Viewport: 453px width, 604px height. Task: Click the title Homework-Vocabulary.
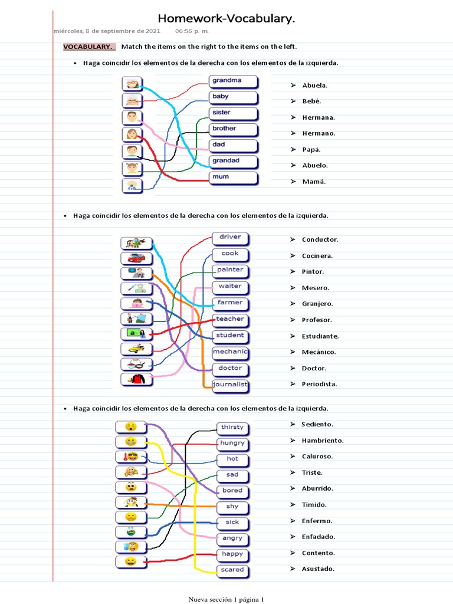pyautogui.click(x=226, y=19)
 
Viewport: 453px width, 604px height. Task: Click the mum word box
pyautogui.click(x=233, y=177)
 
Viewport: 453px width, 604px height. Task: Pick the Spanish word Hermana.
pyautogui.click(x=319, y=117)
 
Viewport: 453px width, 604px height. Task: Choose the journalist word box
pyautogui.click(x=231, y=385)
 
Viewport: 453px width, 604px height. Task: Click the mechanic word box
pyautogui.click(x=231, y=352)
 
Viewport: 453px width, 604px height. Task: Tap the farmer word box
pyautogui.click(x=231, y=303)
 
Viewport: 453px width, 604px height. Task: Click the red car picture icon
pyautogui.click(x=136, y=258)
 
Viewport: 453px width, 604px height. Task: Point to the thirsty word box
pyautogui.click(x=232, y=427)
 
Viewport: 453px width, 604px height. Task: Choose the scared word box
pyautogui.click(x=232, y=570)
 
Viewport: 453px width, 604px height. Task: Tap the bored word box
pyautogui.click(x=232, y=491)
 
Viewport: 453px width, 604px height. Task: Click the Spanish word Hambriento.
pyautogui.click(x=323, y=441)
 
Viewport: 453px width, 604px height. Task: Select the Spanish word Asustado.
pyautogui.click(x=318, y=569)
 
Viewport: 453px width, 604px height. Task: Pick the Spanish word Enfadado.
pyautogui.click(x=319, y=537)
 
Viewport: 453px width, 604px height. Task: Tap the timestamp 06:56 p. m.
pyautogui.click(x=192, y=31)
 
